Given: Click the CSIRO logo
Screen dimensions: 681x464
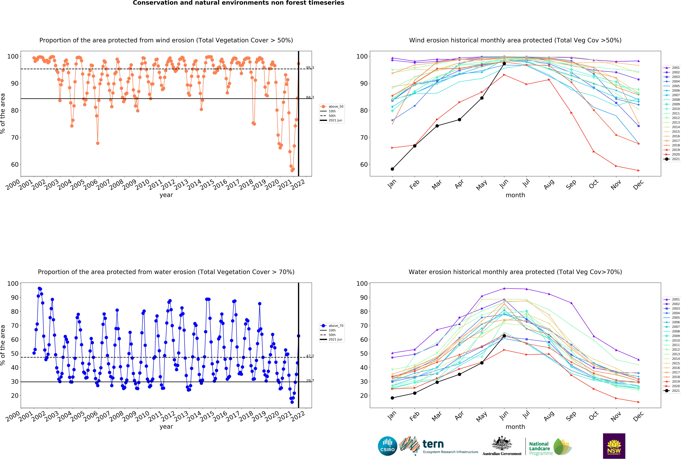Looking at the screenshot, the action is pos(387,446).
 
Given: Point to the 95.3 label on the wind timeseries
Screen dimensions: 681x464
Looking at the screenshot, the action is pos(310,68).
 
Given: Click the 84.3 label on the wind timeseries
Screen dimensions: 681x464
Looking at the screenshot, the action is pos(310,97).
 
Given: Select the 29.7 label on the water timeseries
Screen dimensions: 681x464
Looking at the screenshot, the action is pos(310,380).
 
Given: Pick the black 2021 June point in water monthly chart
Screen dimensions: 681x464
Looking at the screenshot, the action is pos(504,336).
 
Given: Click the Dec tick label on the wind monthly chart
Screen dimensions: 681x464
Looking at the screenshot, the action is pos(638,185).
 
